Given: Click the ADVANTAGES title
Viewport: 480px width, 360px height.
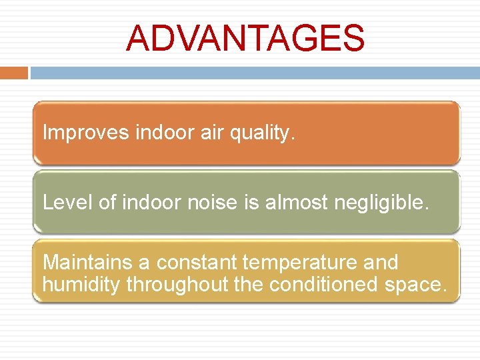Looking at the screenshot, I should coord(245,39).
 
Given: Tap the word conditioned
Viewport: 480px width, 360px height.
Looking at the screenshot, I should coord(325,285).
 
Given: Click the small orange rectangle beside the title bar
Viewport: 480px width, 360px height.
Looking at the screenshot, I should coord(13,72).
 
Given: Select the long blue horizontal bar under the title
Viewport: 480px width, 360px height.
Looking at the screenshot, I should coord(255,72).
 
